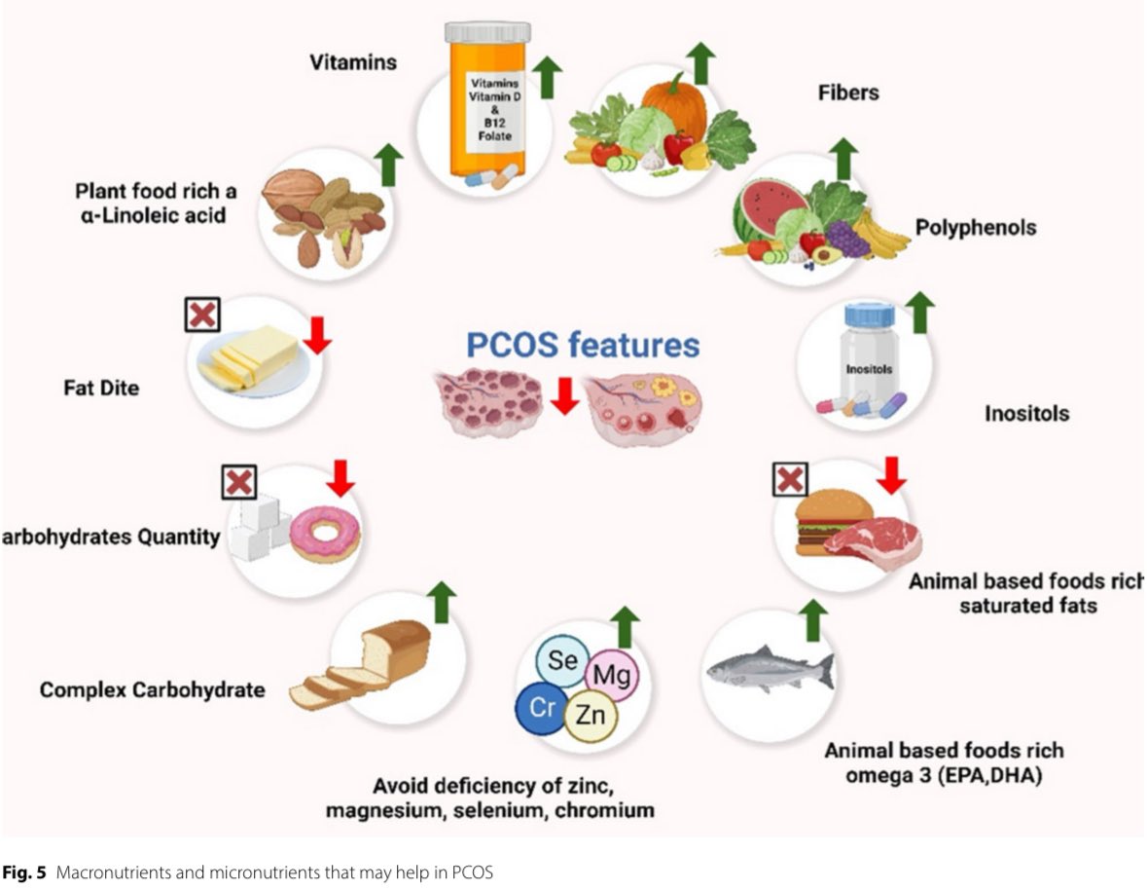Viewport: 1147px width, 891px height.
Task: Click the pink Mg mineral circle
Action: [611, 674]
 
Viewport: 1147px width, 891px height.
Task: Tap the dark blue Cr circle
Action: [542, 708]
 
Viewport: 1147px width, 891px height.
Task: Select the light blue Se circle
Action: [562, 660]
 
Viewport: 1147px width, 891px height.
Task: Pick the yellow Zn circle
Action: [590, 714]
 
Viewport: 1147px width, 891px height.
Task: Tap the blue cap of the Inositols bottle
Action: [869, 316]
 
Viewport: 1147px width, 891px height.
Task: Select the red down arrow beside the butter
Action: [317, 335]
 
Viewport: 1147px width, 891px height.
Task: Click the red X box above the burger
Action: [790, 480]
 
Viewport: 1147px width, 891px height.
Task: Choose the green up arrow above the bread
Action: [441, 603]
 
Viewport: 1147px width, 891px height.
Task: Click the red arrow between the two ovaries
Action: [564, 396]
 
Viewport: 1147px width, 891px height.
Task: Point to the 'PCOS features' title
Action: [583, 345]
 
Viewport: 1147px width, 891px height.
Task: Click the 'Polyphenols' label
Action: [976, 228]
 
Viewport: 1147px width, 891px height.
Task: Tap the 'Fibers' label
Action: [848, 93]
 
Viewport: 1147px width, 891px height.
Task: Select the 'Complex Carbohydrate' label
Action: [152, 689]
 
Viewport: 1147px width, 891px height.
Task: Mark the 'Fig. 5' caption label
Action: [24, 872]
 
